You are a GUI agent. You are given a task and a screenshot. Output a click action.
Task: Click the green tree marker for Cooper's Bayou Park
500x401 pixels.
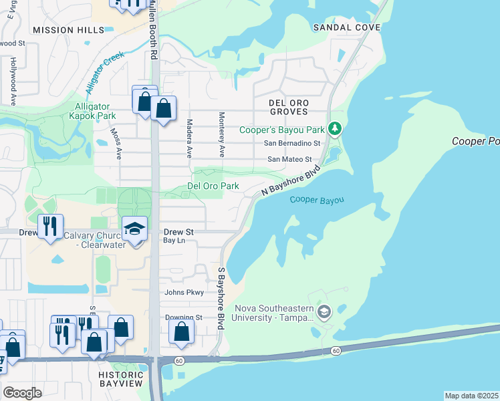[x=337, y=128]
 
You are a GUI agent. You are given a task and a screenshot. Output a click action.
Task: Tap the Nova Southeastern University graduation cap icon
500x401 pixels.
[x=324, y=311]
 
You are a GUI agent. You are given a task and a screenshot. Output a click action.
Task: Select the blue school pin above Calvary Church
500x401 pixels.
[x=134, y=229]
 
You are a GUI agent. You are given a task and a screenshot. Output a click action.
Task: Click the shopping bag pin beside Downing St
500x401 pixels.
[x=181, y=331]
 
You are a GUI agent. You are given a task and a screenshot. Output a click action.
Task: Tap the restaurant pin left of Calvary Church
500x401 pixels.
[x=50, y=226]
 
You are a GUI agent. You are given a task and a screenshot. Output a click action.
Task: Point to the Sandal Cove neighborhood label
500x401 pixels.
[x=346, y=27]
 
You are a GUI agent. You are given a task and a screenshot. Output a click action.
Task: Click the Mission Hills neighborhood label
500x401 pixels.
[x=68, y=30]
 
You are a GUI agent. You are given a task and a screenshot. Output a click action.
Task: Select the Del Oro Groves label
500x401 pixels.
[x=288, y=107]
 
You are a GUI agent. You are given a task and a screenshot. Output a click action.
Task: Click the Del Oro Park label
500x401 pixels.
[x=213, y=186]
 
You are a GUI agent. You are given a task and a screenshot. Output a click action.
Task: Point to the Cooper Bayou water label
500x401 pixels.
[x=317, y=200]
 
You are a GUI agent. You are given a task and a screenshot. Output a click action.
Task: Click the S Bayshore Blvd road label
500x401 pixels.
[x=220, y=298]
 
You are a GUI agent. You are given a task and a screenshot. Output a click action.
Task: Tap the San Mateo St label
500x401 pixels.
[x=289, y=159]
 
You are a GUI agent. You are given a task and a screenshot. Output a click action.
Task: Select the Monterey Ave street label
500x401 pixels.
[x=220, y=131]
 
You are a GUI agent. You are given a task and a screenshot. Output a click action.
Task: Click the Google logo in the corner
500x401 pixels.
[x=22, y=393]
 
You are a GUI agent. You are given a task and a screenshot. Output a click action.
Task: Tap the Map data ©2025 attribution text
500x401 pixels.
[x=471, y=396]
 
